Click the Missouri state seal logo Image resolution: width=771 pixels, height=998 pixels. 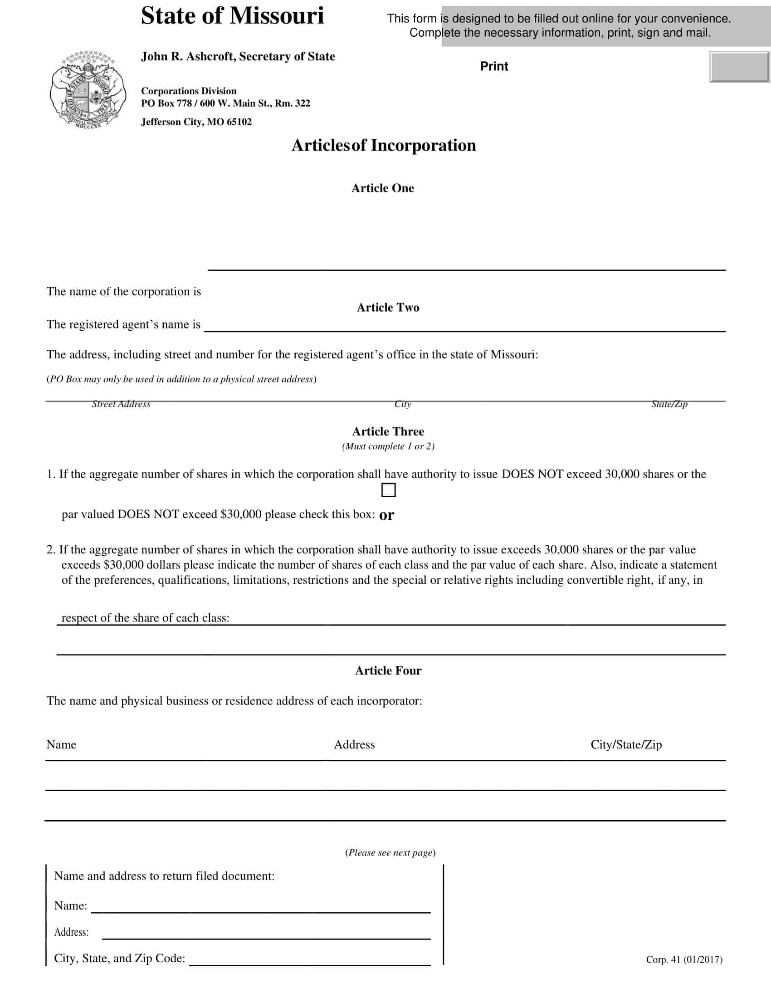pyautogui.click(x=88, y=89)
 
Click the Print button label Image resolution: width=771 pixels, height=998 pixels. pyautogui.click(x=494, y=67)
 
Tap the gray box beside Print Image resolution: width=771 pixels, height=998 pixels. pyautogui.click(x=739, y=67)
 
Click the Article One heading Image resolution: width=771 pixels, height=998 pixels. pyautogui.click(x=382, y=188)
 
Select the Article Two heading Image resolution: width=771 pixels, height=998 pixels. pyautogui.click(x=388, y=308)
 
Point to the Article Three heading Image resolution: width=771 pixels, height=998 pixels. pyautogui.click(x=388, y=431)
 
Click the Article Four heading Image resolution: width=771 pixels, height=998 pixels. pyautogui.click(x=388, y=670)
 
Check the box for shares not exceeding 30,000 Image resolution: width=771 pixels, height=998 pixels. pyautogui.click(x=388, y=490)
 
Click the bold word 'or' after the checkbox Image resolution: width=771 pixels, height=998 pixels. pyautogui.click(x=386, y=515)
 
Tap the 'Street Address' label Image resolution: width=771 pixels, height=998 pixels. pyautogui.click(x=121, y=404)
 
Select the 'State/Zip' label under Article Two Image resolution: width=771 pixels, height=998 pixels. pyautogui.click(x=669, y=404)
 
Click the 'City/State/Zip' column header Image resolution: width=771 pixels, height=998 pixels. pyautogui.click(x=626, y=745)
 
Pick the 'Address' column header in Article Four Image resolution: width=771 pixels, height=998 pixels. pyautogui.click(x=354, y=745)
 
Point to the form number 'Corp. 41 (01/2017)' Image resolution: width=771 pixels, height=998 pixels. pyautogui.click(x=684, y=959)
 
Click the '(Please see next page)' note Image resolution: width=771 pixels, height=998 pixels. pyautogui.click(x=390, y=853)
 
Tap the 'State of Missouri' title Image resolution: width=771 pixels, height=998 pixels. pyautogui.click(x=232, y=16)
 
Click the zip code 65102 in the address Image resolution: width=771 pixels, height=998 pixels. pyautogui.click(x=239, y=122)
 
